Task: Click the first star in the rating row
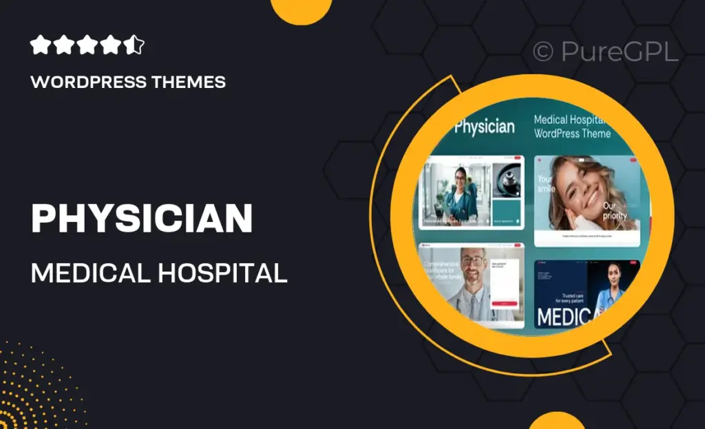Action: click(41, 46)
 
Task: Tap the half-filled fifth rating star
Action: click(134, 46)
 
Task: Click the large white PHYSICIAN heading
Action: click(142, 219)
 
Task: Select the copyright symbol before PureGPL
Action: click(543, 52)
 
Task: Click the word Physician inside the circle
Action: click(484, 126)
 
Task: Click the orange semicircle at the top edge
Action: click(302, 10)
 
